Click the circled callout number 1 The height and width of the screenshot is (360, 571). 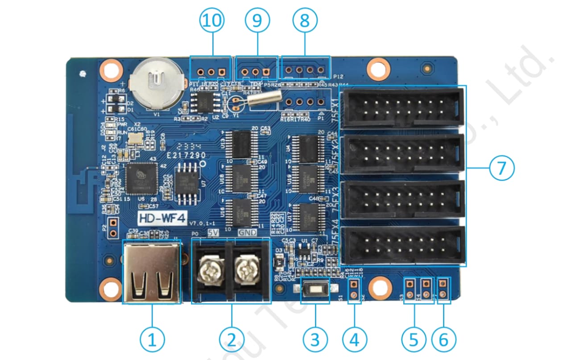pos(153,340)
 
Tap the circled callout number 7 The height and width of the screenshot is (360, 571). pos(501,168)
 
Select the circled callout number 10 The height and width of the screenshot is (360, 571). pos(211,21)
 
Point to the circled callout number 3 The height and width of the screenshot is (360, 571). pos(315,340)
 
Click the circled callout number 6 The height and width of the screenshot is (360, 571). pos(443,340)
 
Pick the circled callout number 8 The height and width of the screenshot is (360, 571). pos(305,21)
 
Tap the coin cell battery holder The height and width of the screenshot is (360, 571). pos(155,83)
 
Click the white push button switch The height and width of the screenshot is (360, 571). pos(315,290)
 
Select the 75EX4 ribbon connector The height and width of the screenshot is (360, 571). pos(403,245)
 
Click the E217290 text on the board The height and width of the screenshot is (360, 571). pos(186,155)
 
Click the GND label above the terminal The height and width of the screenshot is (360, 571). pos(247,233)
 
